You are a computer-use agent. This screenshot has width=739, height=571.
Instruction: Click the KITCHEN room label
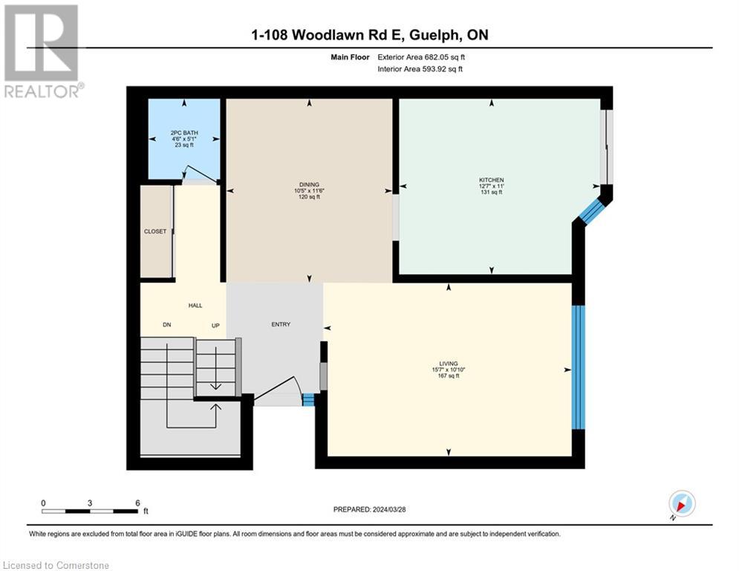491,180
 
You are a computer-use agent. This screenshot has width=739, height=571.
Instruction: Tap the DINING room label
309,184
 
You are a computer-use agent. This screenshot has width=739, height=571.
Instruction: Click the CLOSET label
155,231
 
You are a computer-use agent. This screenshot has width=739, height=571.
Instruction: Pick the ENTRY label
281,324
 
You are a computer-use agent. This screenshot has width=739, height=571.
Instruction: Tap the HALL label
195,306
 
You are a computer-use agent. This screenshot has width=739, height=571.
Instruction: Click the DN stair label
166,326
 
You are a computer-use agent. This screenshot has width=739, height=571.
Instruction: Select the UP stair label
216,326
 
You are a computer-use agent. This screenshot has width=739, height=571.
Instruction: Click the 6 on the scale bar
137,503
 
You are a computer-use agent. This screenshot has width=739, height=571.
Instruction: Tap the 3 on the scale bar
90,503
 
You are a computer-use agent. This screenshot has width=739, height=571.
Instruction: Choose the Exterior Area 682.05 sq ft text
421,57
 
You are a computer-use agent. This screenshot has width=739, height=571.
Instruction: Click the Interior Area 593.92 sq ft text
421,69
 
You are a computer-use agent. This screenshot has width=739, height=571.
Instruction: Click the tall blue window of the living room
578,367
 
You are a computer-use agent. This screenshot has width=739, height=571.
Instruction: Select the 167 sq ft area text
449,376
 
